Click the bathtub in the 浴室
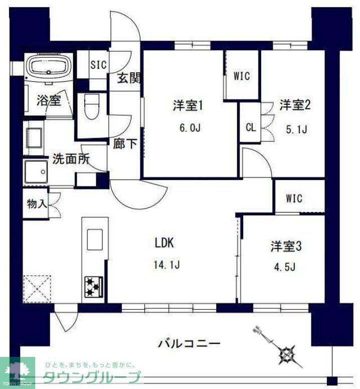click(48, 67)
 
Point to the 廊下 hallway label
click(125, 144)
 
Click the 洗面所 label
click(71, 159)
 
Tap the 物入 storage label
click(38, 204)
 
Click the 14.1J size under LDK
click(166, 264)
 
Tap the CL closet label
click(250, 127)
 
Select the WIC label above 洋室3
click(294, 199)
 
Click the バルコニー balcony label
click(189, 344)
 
